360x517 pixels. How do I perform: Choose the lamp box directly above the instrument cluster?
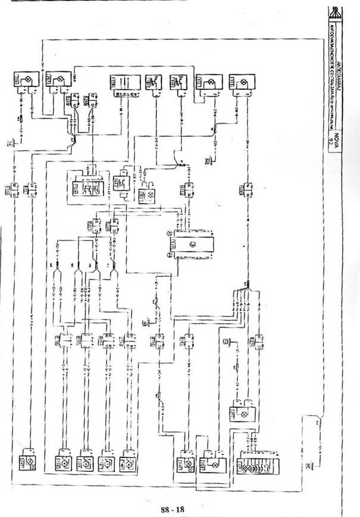(244, 413)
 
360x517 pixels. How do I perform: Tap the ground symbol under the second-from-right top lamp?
(209, 159)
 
